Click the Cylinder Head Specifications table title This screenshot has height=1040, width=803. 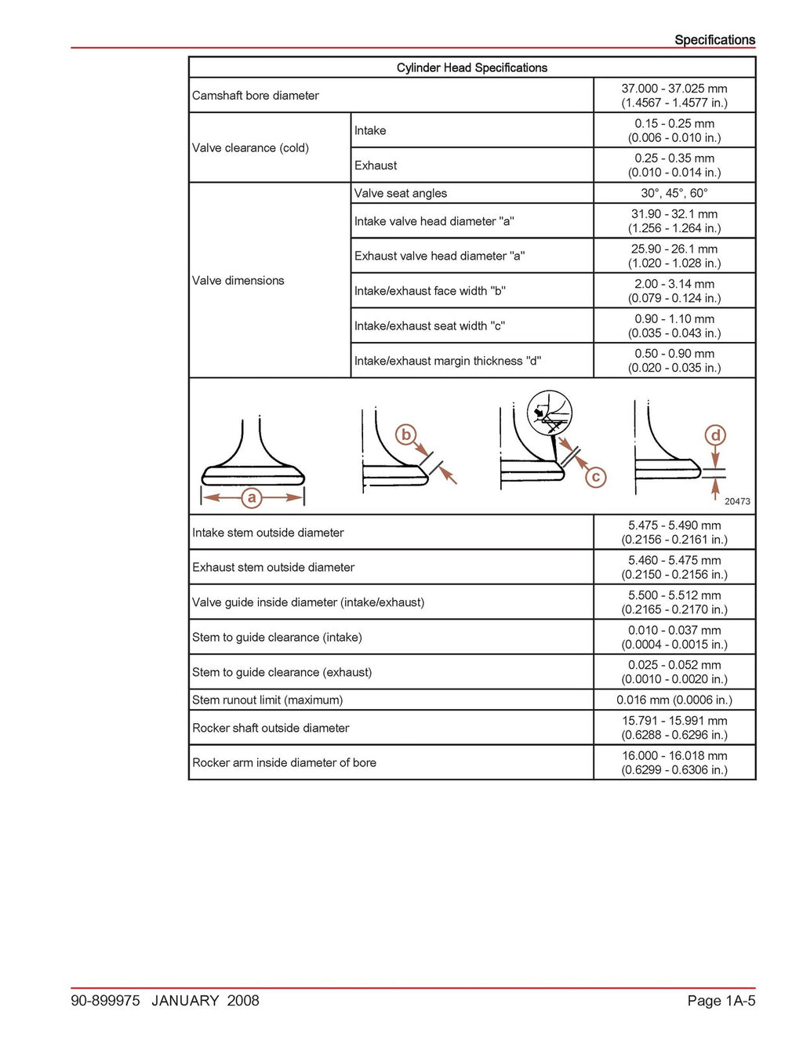point(471,67)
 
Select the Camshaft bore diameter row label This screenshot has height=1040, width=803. point(256,96)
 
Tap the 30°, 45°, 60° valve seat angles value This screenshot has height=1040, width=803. point(674,193)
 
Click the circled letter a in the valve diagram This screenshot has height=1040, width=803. point(252,497)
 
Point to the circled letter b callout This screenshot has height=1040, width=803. point(405,435)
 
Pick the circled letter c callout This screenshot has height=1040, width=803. point(596,477)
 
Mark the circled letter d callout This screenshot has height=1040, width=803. point(715,435)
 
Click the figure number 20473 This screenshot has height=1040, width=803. point(737,501)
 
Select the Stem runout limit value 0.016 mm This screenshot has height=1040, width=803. point(674,700)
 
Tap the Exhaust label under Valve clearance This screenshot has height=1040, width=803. point(376,165)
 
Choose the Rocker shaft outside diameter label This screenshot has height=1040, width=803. point(271,728)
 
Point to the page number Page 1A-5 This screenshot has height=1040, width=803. point(721,1000)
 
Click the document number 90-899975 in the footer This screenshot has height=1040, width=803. point(105,1000)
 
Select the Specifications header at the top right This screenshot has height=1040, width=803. point(714,40)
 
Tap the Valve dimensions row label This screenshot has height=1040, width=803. point(238,281)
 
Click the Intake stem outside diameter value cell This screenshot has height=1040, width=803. point(674,533)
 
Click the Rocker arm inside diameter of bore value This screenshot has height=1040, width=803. point(674,762)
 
